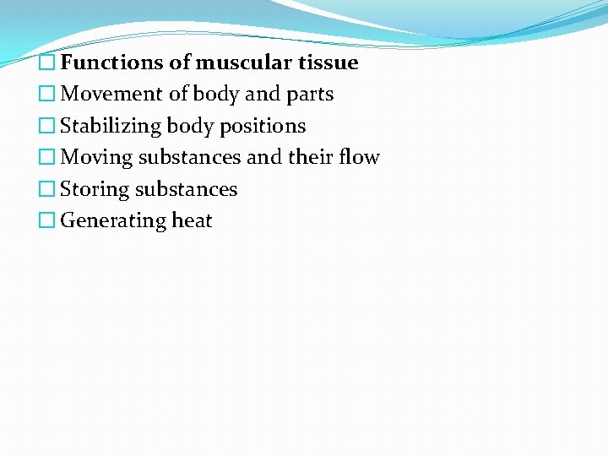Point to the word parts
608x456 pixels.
(310, 95)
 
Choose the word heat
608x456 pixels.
(192, 220)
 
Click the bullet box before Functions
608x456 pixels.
(49, 63)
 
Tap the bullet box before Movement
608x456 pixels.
(49, 95)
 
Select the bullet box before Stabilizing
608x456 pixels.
(49, 127)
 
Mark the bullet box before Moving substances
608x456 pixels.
(49, 158)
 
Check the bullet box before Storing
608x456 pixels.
(49, 190)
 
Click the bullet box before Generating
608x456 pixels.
(49, 221)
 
